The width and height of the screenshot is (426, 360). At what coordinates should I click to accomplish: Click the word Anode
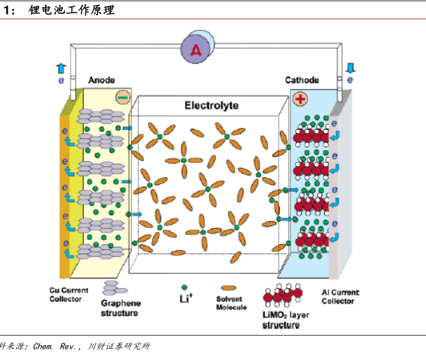[101, 80]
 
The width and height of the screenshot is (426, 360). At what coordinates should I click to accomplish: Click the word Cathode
[302, 80]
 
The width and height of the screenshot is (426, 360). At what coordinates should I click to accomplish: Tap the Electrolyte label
[212, 105]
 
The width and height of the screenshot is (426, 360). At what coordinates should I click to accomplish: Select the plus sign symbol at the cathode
[301, 99]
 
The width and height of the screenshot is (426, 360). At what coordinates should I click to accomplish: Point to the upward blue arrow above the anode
[61, 68]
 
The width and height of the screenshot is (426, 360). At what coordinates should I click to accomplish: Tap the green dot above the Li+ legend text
[184, 287]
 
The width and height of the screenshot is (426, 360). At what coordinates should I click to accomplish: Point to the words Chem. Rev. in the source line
[61, 346]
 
